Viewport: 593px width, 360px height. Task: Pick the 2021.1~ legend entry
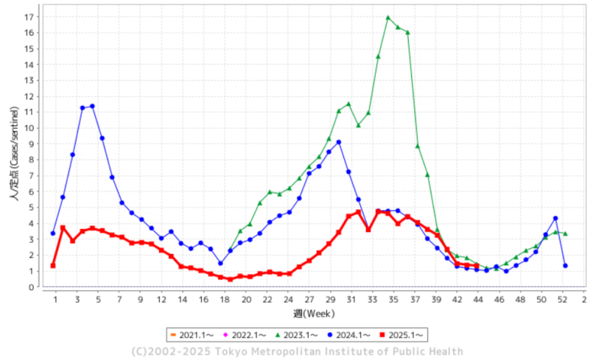pyautogui.click(x=191, y=335)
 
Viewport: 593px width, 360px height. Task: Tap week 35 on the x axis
pyautogui.click(x=394, y=299)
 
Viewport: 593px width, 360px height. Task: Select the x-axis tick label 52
pyautogui.click(x=564, y=299)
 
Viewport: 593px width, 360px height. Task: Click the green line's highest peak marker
pyautogui.click(x=388, y=18)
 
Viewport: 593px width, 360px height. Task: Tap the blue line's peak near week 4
pyautogui.click(x=92, y=106)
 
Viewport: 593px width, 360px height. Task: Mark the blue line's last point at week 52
pyautogui.click(x=565, y=266)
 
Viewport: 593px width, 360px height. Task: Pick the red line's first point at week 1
pyautogui.click(x=53, y=266)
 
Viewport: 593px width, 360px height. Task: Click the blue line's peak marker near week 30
pyautogui.click(x=339, y=142)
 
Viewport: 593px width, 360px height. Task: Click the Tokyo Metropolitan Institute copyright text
pyautogui.click(x=297, y=351)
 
